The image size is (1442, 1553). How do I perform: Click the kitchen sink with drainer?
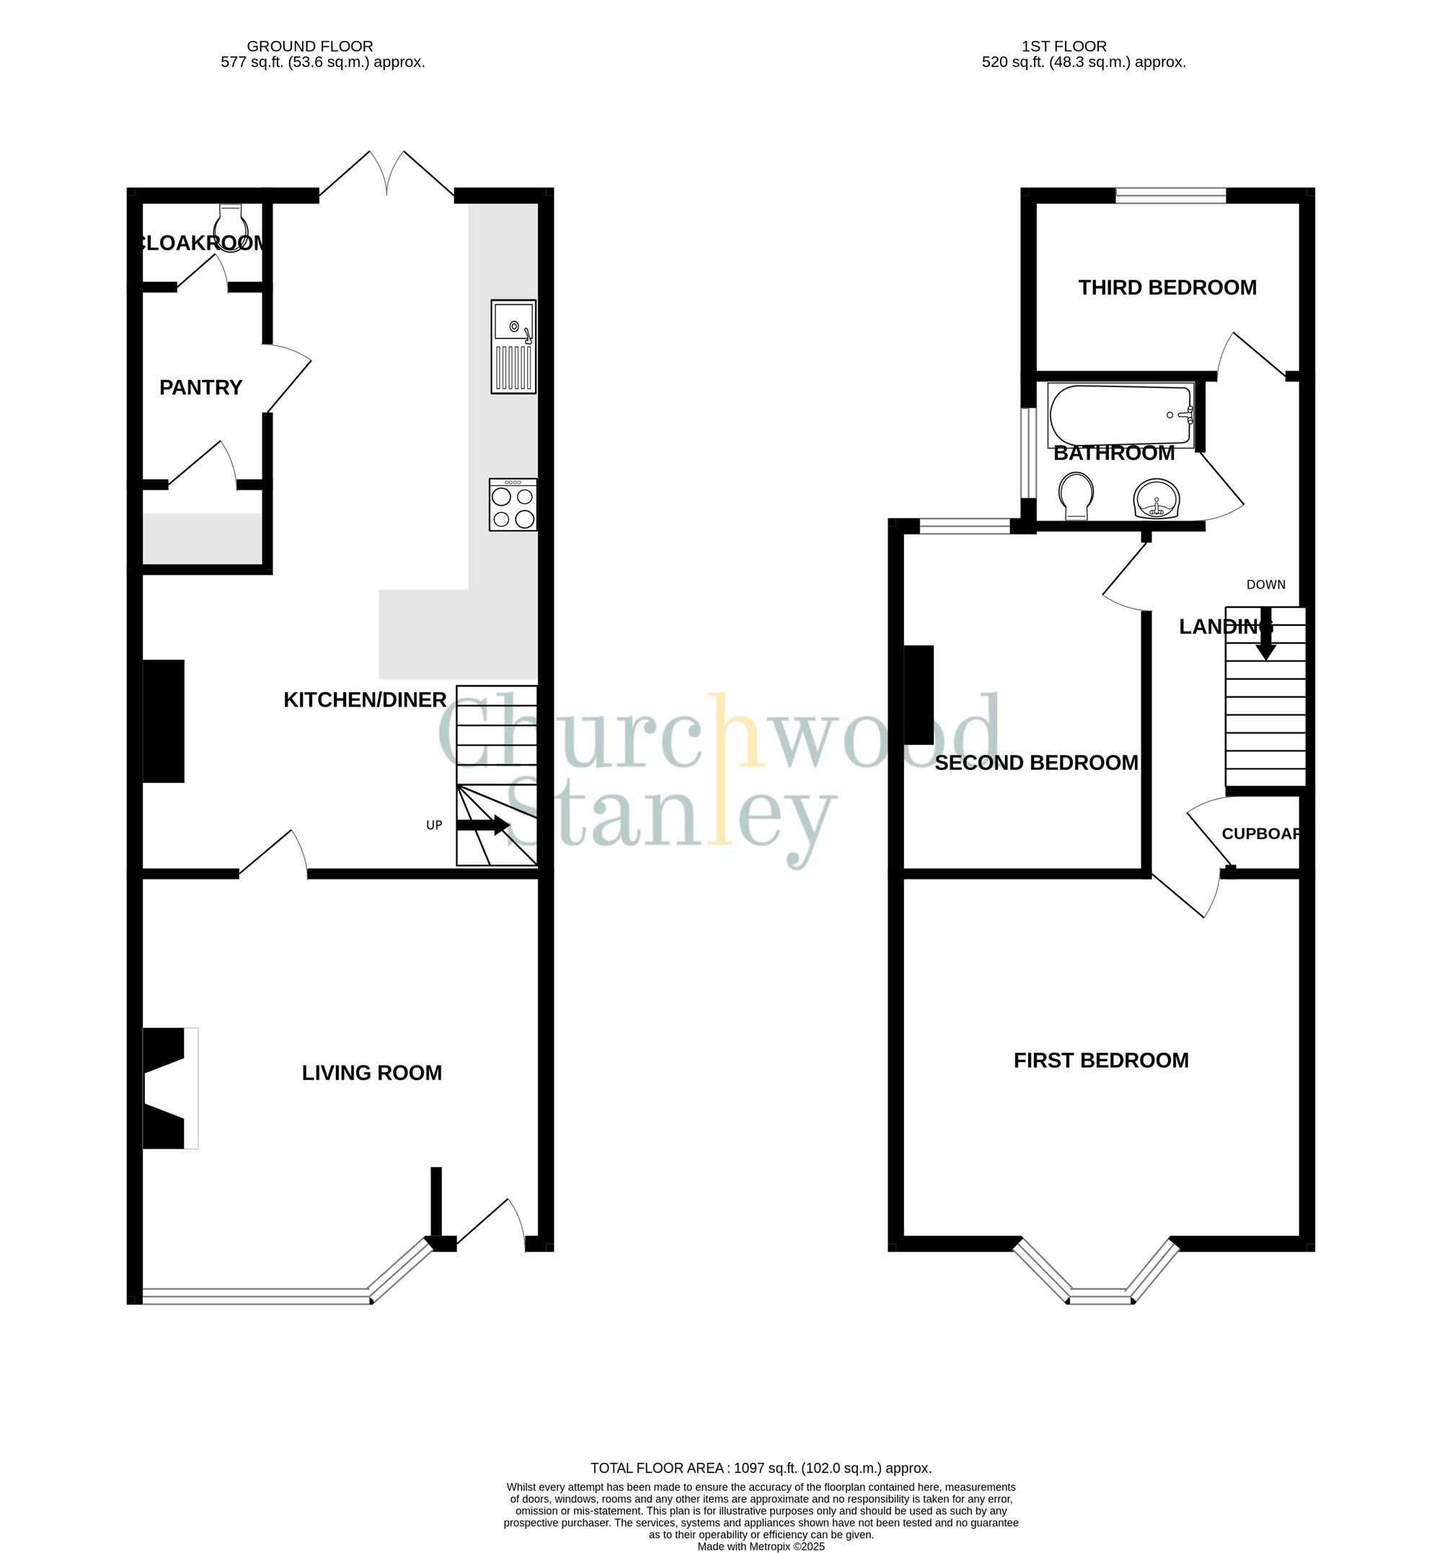pos(513,347)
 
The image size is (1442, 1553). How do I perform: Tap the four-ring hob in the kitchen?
pos(513,505)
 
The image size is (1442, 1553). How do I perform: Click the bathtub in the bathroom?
pos(1121,415)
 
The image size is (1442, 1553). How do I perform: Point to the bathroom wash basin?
pos(1156,500)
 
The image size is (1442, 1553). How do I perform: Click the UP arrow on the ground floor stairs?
pos(483,825)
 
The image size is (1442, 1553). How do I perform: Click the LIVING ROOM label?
pos(371,1073)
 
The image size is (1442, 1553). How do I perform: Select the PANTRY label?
pos(200,387)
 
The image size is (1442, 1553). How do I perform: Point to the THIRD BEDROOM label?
pos(1167,288)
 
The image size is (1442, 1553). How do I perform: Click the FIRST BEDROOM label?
pos(1101,1060)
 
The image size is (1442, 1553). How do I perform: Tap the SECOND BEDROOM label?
pos(1036,763)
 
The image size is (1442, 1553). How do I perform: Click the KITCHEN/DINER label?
pos(364,699)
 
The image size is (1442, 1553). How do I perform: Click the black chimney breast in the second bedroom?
pos(919,694)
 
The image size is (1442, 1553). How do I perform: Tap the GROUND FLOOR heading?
pos(310,46)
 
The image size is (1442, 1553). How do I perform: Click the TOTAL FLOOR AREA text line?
pos(761,1468)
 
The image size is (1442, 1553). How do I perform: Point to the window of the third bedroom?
pos(1170,196)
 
